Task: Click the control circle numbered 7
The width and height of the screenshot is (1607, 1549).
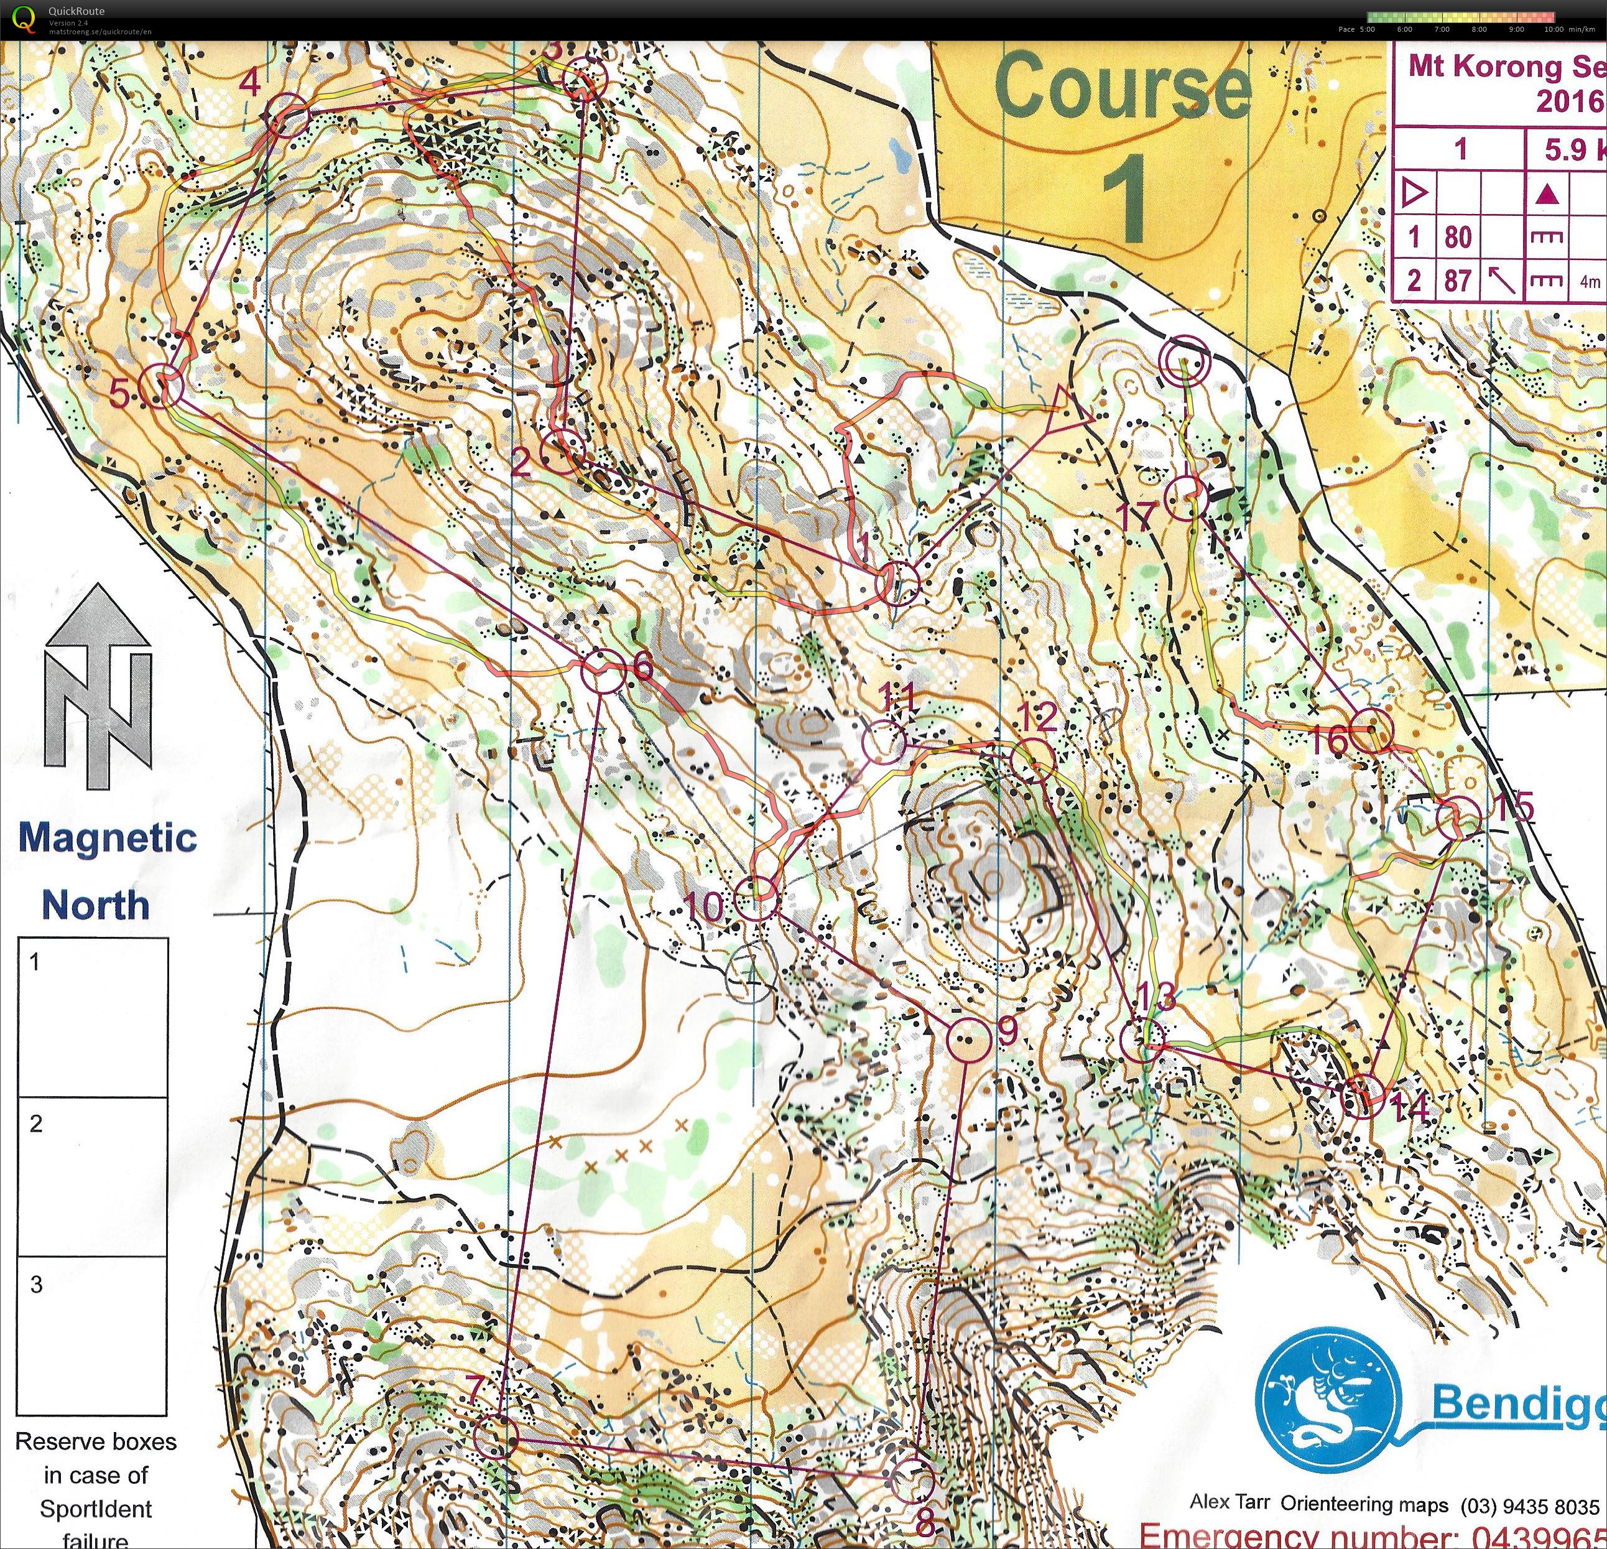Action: pos(496,1436)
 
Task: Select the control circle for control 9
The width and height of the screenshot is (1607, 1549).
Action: pos(968,1039)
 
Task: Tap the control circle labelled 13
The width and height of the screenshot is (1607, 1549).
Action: pos(1141,1040)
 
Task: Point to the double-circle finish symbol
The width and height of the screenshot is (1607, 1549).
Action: pos(1184,360)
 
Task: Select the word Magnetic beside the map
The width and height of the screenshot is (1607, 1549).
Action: pos(108,838)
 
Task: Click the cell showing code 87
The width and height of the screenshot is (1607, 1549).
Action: pos(1458,281)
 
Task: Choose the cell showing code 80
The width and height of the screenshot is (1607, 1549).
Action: pos(1458,237)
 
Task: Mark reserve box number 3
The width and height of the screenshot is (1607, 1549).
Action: pos(92,1337)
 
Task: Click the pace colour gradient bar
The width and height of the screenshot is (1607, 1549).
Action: pos(1460,16)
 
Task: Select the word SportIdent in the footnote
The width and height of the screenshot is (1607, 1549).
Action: pos(96,1509)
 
